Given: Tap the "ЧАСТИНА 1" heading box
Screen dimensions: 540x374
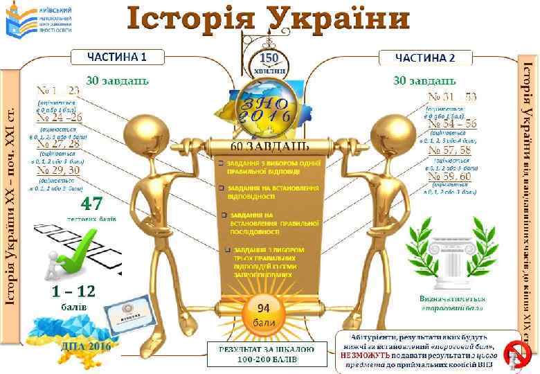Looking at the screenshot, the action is [x=116, y=57].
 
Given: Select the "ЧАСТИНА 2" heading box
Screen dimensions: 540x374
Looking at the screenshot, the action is [x=424, y=57].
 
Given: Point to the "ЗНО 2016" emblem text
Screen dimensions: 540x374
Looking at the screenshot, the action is [x=266, y=111].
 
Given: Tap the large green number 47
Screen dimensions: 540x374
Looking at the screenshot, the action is [x=92, y=204].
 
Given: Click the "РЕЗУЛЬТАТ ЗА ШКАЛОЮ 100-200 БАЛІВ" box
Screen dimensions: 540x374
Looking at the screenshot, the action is [x=267, y=354].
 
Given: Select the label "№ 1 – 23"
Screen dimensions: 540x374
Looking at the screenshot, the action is [x=58, y=91].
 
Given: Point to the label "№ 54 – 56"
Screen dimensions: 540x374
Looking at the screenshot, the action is [x=452, y=123].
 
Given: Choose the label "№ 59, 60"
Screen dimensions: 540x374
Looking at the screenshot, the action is [x=449, y=176].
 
